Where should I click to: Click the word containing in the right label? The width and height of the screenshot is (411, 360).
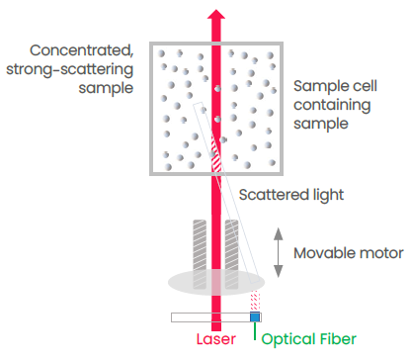[331, 105]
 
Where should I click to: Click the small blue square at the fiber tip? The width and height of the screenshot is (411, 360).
[256, 316]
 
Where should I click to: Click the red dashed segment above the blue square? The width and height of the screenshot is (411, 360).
[256, 301]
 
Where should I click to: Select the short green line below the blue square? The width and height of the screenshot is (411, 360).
[256, 329]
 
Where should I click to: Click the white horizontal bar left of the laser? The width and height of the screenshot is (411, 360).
[190, 317]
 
